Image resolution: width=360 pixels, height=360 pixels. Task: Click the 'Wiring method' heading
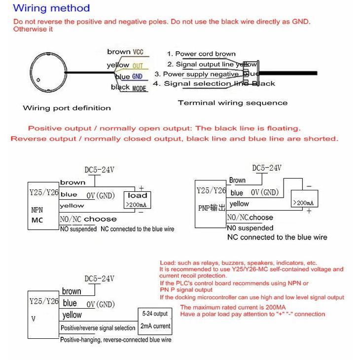[x=51, y=8]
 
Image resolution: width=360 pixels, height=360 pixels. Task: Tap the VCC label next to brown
[x=138, y=52]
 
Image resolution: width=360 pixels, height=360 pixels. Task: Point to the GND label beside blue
[x=137, y=76]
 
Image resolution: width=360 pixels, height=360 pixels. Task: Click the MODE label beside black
[x=139, y=88]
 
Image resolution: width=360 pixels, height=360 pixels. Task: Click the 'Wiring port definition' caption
[x=67, y=108]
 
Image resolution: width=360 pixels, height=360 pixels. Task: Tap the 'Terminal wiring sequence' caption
[x=232, y=103]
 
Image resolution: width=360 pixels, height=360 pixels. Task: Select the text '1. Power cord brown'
[x=201, y=54]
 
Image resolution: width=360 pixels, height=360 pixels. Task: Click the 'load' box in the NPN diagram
[x=137, y=196]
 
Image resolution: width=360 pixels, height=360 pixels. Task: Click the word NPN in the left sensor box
[x=37, y=210]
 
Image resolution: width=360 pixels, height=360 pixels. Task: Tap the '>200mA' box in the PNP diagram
[x=304, y=203]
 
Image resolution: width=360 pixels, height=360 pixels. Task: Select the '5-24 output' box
[x=154, y=314]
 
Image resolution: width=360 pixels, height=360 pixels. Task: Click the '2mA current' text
[x=155, y=326]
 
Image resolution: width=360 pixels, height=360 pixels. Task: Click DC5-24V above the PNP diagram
[x=266, y=168]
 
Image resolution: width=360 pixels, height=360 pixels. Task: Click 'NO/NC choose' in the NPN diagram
[x=88, y=219]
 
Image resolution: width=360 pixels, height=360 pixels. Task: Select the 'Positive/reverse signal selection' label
[x=98, y=328]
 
